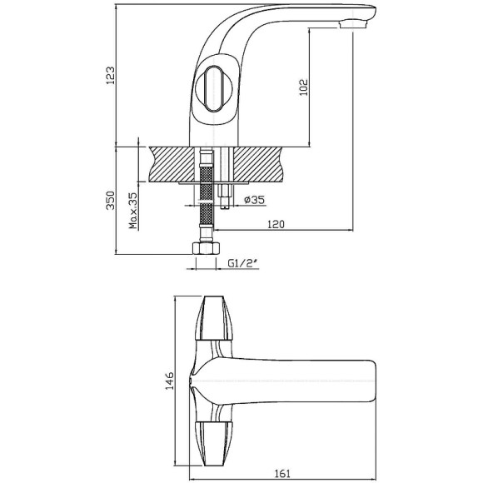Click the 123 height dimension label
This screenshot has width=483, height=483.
(x=110, y=76)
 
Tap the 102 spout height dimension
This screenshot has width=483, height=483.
(x=304, y=87)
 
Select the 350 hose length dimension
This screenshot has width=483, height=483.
(x=110, y=201)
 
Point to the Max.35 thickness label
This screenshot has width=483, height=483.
(x=132, y=211)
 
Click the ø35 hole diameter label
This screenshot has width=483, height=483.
(x=255, y=200)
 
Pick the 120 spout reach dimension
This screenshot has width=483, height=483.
(x=276, y=224)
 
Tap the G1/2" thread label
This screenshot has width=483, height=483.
(x=242, y=263)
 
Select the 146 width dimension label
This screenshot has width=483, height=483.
(x=170, y=381)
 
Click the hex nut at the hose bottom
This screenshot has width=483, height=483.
(x=206, y=248)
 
